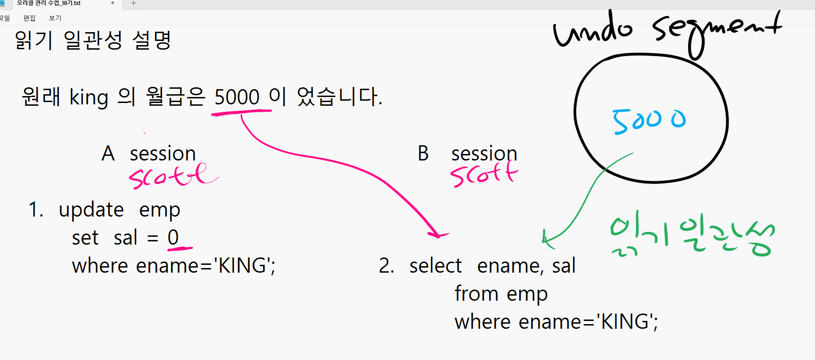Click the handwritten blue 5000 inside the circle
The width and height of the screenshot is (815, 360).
(x=649, y=121)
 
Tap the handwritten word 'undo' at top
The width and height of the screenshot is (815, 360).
(x=592, y=29)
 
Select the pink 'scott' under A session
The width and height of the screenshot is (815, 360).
(x=173, y=176)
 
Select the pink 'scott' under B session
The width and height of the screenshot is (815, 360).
(x=484, y=174)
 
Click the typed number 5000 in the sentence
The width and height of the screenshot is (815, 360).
(x=237, y=97)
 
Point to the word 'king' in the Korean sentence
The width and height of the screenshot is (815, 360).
(x=89, y=97)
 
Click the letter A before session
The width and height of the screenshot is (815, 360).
(x=108, y=153)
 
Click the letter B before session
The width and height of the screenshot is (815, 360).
(x=423, y=153)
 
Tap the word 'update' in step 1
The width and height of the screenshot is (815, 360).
(x=91, y=210)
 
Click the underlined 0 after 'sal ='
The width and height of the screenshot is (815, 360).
(x=173, y=238)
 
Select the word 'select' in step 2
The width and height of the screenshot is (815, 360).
(x=435, y=266)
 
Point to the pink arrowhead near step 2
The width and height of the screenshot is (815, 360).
(x=438, y=234)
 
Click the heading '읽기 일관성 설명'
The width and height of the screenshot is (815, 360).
(x=93, y=40)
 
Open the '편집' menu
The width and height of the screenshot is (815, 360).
(x=29, y=18)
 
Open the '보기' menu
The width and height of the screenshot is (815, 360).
(x=55, y=18)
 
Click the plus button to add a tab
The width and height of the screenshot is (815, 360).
(x=133, y=3)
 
